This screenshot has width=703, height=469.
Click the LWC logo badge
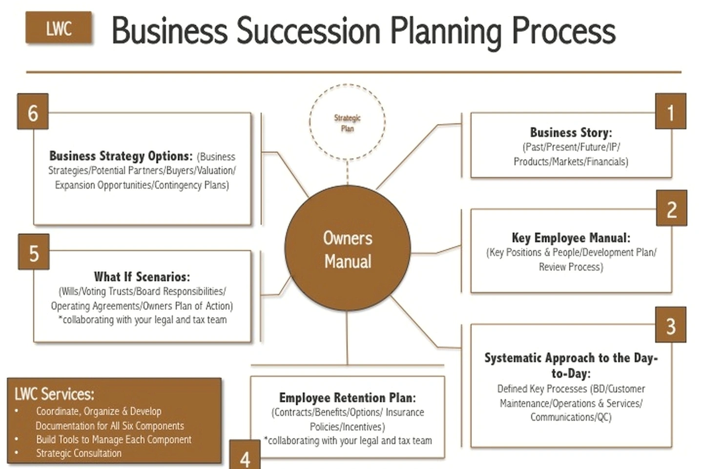point(59,28)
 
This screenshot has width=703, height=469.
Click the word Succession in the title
point(308,31)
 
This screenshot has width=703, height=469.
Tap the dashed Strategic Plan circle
point(347,84)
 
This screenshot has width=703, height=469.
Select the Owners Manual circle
point(348,248)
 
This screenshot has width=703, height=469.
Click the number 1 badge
point(670,111)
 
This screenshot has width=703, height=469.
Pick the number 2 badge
point(671,208)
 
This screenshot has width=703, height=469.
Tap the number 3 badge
point(670,325)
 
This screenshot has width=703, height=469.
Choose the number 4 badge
point(245,454)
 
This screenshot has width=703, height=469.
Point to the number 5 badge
point(34,252)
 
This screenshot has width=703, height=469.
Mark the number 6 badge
point(33,111)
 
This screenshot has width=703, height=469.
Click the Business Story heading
point(571,133)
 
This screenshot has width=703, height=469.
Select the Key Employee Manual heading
point(571,237)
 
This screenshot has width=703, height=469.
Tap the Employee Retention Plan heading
point(348,397)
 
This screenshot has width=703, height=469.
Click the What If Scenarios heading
point(142,276)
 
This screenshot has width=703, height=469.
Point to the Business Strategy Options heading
point(121,156)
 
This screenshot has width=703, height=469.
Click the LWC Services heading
point(54,394)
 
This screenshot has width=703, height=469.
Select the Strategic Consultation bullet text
point(79,453)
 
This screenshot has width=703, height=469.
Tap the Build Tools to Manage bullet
point(114,439)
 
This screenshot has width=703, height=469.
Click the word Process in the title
point(564,31)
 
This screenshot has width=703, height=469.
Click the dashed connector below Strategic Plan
point(347,173)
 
